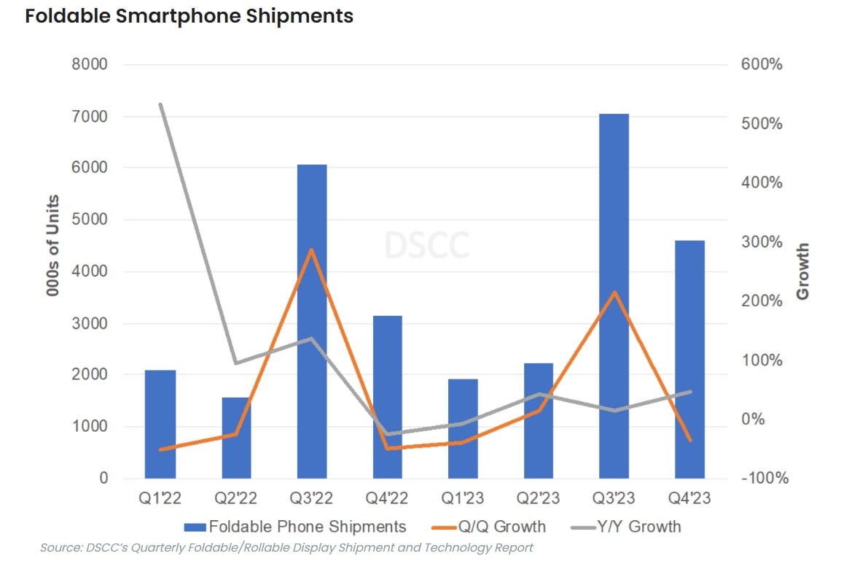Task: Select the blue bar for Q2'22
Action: [236, 438]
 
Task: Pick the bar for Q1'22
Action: [160, 424]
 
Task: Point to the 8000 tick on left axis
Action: [90, 65]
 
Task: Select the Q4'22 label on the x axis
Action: [387, 499]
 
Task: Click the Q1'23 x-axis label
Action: [463, 499]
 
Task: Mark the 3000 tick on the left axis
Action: [90, 323]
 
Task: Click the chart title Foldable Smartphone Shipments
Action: [189, 16]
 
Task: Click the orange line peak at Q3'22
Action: [312, 250]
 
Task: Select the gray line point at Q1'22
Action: [160, 104]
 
